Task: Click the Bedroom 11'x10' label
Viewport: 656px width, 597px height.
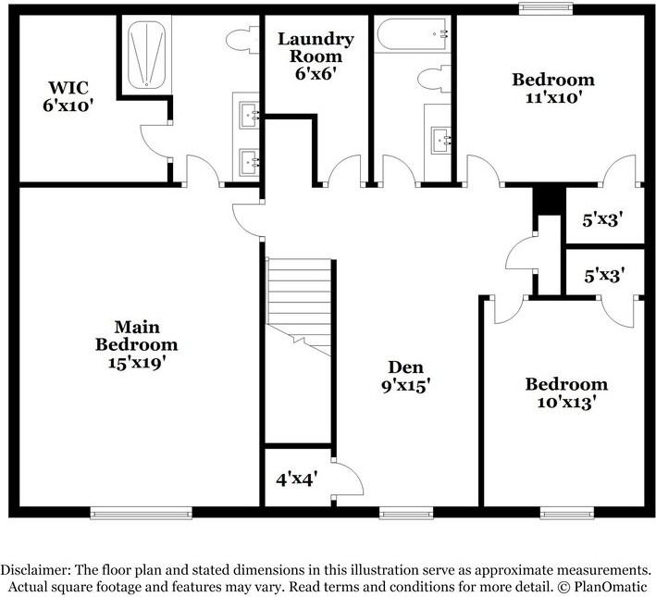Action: click(553, 87)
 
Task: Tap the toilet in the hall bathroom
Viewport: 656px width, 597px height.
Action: click(431, 80)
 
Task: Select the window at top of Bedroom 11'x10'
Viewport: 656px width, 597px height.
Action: click(544, 10)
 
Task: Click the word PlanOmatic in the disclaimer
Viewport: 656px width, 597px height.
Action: click(611, 587)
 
